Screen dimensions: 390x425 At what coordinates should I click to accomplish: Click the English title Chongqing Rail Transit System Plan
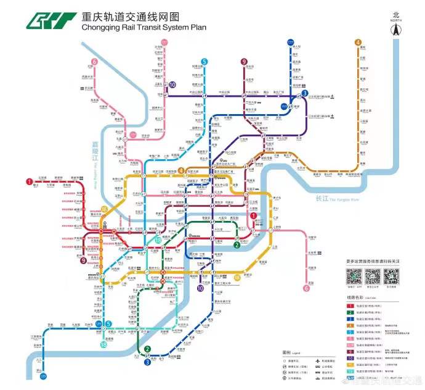tap(143, 27)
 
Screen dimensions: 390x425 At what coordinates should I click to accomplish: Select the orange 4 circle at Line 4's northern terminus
tap(358, 42)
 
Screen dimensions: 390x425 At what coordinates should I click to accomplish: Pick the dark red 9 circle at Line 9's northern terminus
tap(244, 61)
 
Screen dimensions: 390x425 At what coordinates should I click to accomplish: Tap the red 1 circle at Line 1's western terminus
tap(29, 181)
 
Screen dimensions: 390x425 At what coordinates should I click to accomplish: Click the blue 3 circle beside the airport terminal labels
tap(304, 93)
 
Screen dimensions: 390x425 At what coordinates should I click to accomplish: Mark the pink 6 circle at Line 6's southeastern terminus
tap(306, 288)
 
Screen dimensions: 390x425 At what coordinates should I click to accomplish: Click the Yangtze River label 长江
tap(322, 199)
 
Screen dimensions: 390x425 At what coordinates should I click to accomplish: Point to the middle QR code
tap(372, 275)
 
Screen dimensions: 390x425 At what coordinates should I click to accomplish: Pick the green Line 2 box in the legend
tap(351, 313)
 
